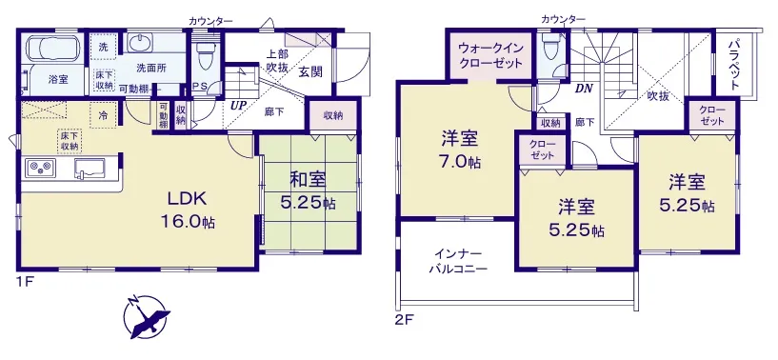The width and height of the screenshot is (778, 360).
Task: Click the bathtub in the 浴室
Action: [x=52, y=48]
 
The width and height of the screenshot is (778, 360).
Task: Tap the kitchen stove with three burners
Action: [x=41, y=168]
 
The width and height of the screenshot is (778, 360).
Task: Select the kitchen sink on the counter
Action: [x=90, y=168]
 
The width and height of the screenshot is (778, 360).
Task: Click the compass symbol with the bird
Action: [x=147, y=317]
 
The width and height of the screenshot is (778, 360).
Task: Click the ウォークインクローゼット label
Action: [x=489, y=56]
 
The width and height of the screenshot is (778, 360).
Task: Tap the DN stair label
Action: [x=582, y=90]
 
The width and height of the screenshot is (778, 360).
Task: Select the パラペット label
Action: [x=734, y=65]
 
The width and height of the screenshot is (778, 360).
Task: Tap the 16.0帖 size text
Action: [x=187, y=222]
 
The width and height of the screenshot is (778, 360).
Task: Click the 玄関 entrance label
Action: [x=310, y=72]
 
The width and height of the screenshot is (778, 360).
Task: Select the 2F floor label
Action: [x=405, y=319]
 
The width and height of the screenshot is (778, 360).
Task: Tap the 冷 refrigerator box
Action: [x=104, y=115]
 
